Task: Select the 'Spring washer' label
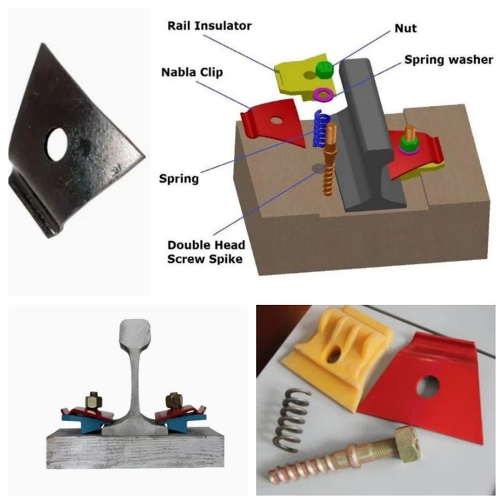(448, 60)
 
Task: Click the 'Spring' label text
(179, 179)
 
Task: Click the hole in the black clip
(57, 140)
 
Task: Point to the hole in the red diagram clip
(275, 121)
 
